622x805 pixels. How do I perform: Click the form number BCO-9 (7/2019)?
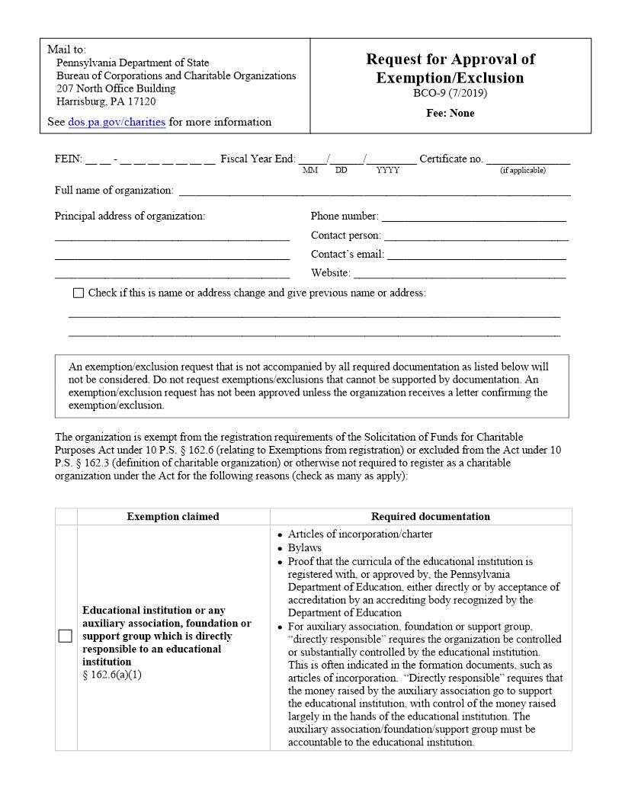point(450,94)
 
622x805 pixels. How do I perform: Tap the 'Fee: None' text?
point(450,113)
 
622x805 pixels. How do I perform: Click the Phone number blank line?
point(473,218)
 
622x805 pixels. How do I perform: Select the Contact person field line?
point(476,237)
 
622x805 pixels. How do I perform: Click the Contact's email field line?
point(477,256)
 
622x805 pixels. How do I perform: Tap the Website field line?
point(460,275)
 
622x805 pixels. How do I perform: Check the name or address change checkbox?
point(79,293)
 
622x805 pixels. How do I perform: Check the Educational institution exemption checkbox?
point(66,637)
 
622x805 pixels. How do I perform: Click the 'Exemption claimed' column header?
point(173,517)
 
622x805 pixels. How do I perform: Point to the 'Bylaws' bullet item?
point(305,548)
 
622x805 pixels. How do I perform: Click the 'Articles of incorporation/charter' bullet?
point(361,535)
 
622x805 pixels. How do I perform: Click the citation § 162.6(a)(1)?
point(112,675)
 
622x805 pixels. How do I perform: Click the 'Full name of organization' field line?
point(374,192)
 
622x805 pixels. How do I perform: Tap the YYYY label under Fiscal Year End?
point(387,171)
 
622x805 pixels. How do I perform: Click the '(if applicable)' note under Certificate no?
point(523,171)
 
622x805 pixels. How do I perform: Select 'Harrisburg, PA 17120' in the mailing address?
point(106,101)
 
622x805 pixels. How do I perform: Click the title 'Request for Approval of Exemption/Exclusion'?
point(450,69)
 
